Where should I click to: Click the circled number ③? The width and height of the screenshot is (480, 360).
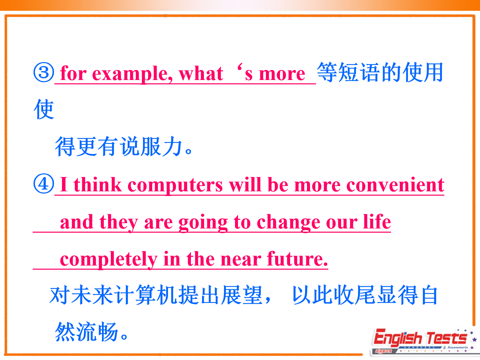[44, 72]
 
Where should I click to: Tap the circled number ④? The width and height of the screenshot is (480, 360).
[44, 184]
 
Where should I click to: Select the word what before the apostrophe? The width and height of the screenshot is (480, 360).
[201, 73]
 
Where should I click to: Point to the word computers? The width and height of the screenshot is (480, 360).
[175, 185]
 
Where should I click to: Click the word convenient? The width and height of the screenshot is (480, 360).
[395, 185]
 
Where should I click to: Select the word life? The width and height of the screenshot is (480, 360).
[377, 221]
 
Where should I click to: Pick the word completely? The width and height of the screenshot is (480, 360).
[109, 260]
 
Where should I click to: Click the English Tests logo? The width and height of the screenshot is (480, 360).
[423, 341]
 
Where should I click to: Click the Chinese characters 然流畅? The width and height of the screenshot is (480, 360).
[86, 332]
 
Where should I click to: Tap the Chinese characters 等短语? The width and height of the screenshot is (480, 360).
[348, 72]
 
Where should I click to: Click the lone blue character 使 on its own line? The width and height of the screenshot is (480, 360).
[44, 109]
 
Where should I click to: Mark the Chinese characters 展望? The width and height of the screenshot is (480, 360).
[242, 295]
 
